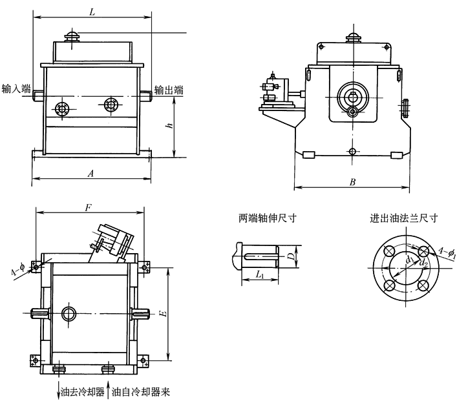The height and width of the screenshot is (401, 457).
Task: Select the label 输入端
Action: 16,89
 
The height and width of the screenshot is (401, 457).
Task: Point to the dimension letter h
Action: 169,127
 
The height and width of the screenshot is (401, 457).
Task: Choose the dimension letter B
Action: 352,183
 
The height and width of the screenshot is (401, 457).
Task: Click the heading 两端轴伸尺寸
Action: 263,218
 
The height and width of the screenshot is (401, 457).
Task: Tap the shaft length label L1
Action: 259,275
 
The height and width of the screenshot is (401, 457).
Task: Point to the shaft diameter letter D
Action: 292,256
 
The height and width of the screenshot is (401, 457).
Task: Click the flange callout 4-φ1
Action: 446,253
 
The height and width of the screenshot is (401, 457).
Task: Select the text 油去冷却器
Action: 81,391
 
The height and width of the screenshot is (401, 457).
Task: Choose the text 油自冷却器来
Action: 141,391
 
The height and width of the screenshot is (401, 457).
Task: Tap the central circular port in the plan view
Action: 69,314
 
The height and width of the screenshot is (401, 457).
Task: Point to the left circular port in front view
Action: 62,108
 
